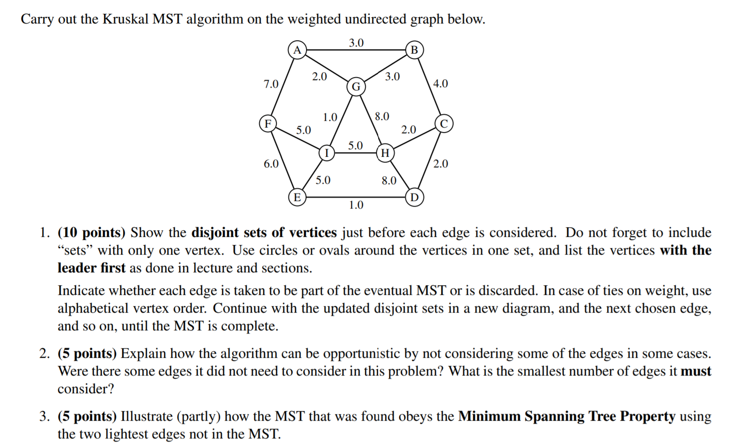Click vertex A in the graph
point(297,50)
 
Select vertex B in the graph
point(414,50)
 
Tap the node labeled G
point(356,86)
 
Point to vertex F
point(268,123)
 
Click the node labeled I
point(326,153)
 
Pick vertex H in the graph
point(385,153)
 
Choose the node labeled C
point(444,123)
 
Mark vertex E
point(297,197)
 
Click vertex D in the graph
point(414,197)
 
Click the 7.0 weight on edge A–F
point(271,84)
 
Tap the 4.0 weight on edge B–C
point(440,84)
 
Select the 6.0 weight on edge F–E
point(271,164)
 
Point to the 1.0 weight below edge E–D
point(356,205)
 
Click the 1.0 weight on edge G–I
point(330,117)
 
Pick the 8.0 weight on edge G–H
point(382,116)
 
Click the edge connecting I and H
point(356,153)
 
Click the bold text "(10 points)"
point(92,232)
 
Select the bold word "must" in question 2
point(696,371)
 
